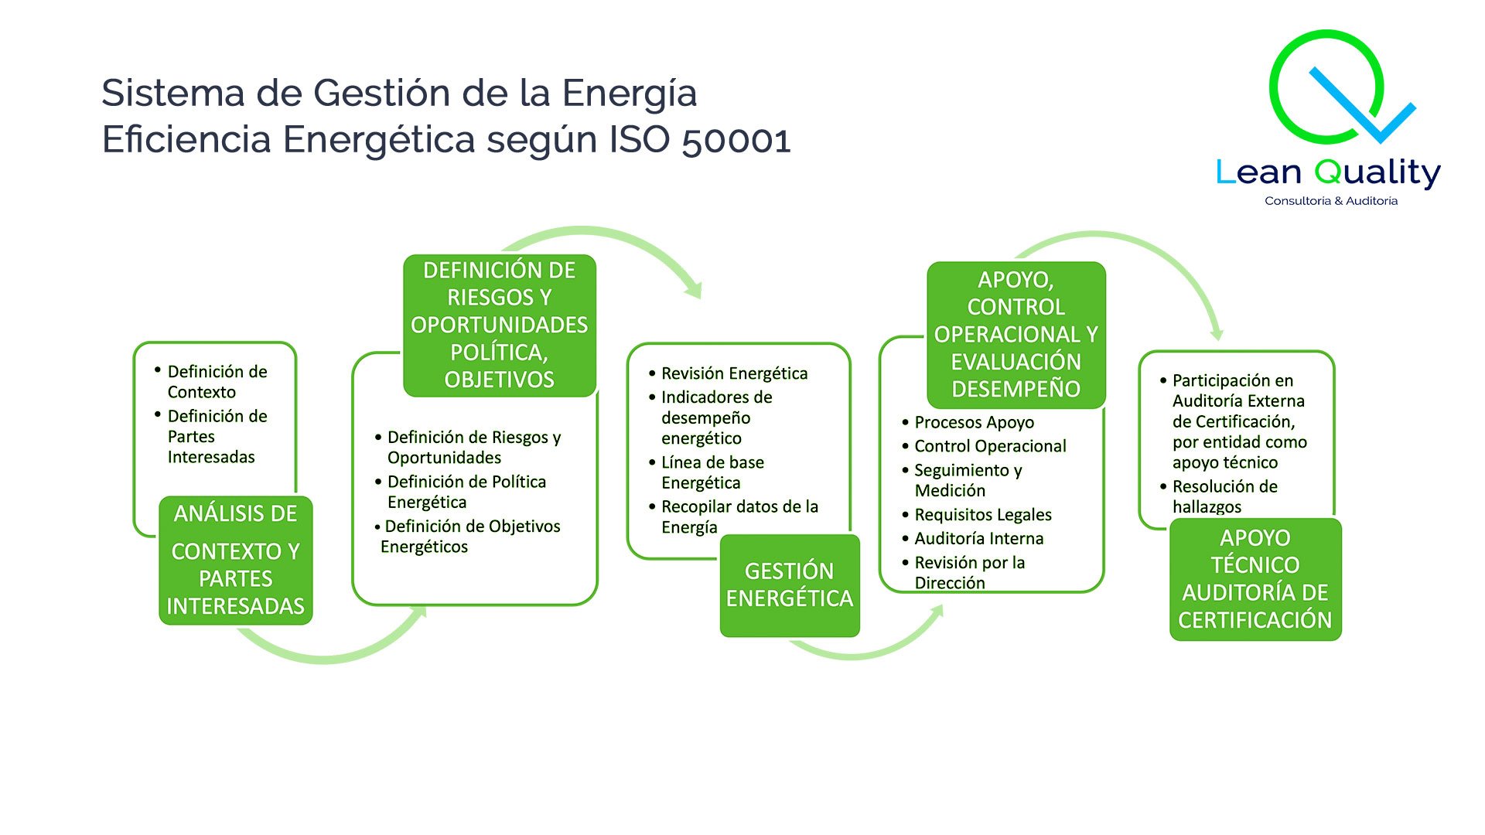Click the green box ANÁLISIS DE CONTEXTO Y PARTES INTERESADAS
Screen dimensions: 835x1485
pyautogui.click(x=235, y=560)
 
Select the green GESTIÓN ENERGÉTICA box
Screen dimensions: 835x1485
pyautogui.click(x=789, y=585)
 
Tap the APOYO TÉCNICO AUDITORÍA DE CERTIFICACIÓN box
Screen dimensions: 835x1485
pyautogui.click(x=1255, y=579)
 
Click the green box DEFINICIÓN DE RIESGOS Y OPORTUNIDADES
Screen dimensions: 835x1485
pyautogui.click(x=499, y=325)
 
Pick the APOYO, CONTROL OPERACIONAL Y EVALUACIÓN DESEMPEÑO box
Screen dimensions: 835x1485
pyautogui.click(x=1016, y=334)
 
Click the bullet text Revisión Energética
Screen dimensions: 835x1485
pyautogui.click(x=733, y=373)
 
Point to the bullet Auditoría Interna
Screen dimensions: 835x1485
pyautogui.click(x=978, y=538)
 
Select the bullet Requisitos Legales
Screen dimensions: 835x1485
pyautogui.click(x=982, y=514)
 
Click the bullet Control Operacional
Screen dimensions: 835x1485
pyautogui.click(x=989, y=446)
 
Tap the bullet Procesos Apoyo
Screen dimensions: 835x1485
pyautogui.click(x=974, y=422)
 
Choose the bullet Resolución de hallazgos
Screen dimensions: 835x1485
pyautogui.click(x=1224, y=496)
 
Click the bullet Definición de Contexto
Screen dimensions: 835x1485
pyautogui.click(x=217, y=381)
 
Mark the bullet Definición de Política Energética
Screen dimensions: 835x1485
pyautogui.click(x=466, y=492)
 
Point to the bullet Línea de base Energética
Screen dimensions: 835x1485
pyautogui.click(x=712, y=472)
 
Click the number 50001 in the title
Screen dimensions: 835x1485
pyautogui.click(x=736, y=140)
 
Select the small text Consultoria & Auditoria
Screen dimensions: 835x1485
pyautogui.click(x=1330, y=201)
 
